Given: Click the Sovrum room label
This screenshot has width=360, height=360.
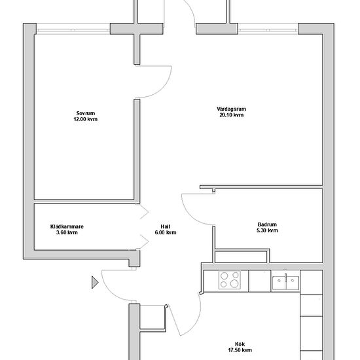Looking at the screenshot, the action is pyautogui.click(x=85, y=113).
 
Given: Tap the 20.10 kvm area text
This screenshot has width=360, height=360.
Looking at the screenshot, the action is pyautogui.click(x=232, y=115).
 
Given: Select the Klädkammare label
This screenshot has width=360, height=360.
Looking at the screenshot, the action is pyautogui.click(x=67, y=226).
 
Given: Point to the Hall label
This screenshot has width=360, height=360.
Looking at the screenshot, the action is pyautogui.click(x=166, y=226).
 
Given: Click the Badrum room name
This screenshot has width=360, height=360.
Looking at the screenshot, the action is pyautogui.click(x=267, y=225).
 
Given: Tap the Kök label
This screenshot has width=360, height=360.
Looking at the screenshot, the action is pyautogui.click(x=240, y=344).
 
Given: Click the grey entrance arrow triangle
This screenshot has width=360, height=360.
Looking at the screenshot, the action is pyautogui.click(x=95, y=282).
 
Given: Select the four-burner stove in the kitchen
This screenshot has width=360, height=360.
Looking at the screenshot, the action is pyautogui.click(x=229, y=280).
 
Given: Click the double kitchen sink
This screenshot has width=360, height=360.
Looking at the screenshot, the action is pyautogui.click(x=285, y=282).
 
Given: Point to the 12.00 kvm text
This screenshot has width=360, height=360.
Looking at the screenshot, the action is pyautogui.click(x=85, y=119).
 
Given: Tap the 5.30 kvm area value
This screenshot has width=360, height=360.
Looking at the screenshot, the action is pyautogui.click(x=267, y=230).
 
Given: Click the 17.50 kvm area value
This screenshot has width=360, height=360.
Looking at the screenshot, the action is pyautogui.click(x=240, y=350).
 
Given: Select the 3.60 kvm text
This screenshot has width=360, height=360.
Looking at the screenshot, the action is pyautogui.click(x=67, y=232).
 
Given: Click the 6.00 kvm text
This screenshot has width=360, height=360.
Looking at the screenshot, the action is pyautogui.click(x=166, y=232).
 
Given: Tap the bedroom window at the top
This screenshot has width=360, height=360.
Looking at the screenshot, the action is pyautogui.click(x=73, y=30).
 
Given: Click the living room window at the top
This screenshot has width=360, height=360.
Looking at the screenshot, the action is pyautogui.click(x=268, y=30).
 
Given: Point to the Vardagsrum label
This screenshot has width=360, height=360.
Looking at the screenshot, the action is pyautogui.click(x=232, y=109).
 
